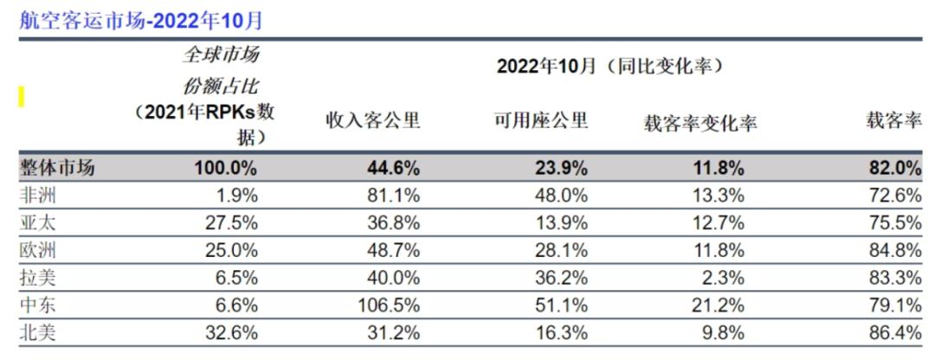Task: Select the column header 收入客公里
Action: pos(372,121)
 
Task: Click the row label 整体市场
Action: pos(56,168)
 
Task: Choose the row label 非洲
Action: pos(37,195)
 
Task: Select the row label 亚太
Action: pos(37,222)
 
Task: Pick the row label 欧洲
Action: pos(37,250)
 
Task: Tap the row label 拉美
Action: pos(37,277)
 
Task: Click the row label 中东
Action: pos(37,305)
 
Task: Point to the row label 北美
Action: pos(37,332)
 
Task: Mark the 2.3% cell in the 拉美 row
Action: pos(724,277)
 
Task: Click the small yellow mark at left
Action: pos(21,97)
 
